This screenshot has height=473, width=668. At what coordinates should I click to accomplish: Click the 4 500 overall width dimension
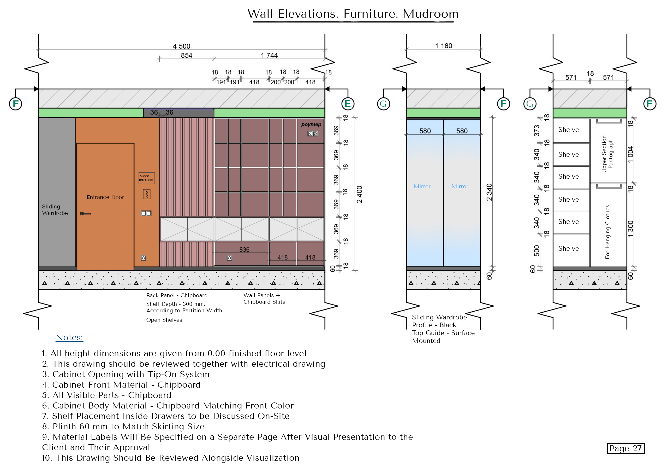coord(181,46)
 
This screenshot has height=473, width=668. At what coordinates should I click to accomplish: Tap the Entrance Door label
coord(105,197)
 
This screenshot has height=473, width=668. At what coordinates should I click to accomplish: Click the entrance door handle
coord(85,214)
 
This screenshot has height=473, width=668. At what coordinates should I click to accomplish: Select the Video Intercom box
coord(146,178)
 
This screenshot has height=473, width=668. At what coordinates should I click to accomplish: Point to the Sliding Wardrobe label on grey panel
coord(55,210)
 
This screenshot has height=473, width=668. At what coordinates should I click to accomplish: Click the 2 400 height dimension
coord(359,194)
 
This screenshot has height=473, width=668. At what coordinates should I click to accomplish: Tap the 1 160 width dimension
coord(443,46)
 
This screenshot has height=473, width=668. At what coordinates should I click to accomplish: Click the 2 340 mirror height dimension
coord(489,192)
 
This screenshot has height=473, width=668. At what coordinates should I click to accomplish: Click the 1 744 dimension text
coord(269,55)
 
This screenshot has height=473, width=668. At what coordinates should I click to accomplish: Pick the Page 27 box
coord(625,448)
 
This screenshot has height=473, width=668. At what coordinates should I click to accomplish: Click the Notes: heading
coord(69,337)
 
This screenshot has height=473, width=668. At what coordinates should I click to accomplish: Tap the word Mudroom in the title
coord(431,14)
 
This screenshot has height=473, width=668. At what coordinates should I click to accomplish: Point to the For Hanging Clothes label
coord(607,232)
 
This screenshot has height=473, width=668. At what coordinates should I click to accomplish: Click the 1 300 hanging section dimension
coord(630,229)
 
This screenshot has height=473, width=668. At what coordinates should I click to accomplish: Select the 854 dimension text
coord(187,55)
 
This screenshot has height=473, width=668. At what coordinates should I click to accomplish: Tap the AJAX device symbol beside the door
coord(147,194)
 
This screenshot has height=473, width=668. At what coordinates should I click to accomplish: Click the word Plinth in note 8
coord(64,427)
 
